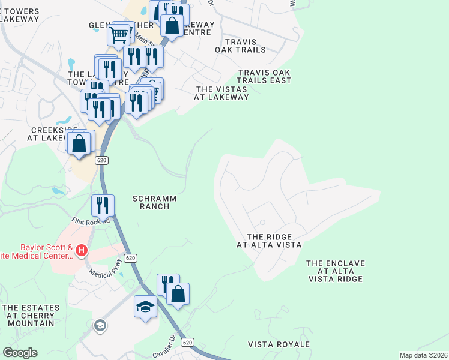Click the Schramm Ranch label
[x=151, y=202]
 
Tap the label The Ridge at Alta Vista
[x=268, y=241]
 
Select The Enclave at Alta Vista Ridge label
[x=335, y=271]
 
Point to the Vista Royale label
[x=279, y=344]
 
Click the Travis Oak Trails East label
[x=264, y=76]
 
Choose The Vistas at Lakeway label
[x=222, y=93]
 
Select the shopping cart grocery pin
[x=119, y=34]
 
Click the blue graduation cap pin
[x=145, y=307]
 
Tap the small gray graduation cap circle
[x=101, y=326]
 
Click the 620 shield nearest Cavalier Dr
[x=188, y=342]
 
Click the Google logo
[x=20, y=353]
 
